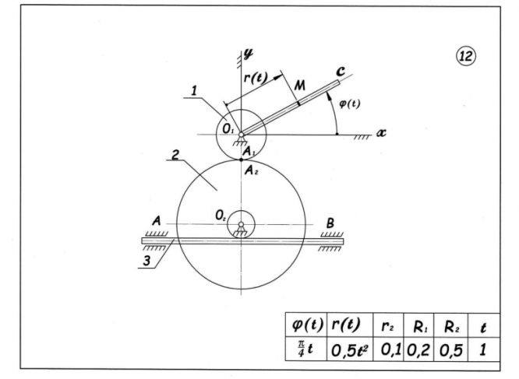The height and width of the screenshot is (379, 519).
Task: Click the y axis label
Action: click(249, 54)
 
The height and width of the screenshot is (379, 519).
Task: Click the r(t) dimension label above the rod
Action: click(256, 76)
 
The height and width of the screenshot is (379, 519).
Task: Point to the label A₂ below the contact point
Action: click(250, 169)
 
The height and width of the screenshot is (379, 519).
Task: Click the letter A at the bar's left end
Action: click(156, 222)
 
